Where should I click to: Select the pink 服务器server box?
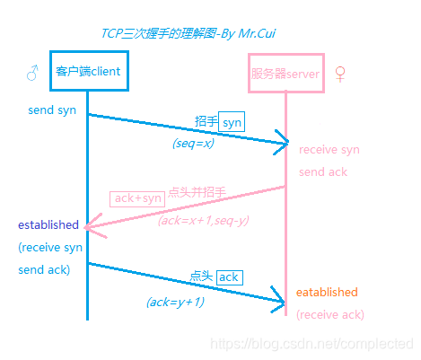[285, 73]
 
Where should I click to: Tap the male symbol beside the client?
[32, 72]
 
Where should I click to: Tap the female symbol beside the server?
[340, 73]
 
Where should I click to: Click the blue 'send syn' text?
[53, 110]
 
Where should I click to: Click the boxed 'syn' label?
[232, 121]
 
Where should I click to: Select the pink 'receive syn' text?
[329, 150]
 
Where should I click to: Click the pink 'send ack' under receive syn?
[323, 171]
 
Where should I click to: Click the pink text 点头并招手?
[197, 192]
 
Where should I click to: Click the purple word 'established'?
[48, 224]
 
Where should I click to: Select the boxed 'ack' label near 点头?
[229, 277]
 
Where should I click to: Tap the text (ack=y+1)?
[175, 303]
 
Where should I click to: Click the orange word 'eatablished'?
[327, 293]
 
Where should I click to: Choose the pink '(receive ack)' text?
[330, 314]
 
